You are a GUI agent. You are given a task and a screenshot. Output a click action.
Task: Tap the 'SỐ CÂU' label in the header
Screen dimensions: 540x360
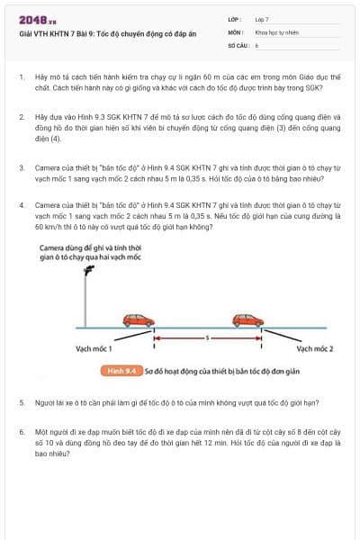click(x=238, y=43)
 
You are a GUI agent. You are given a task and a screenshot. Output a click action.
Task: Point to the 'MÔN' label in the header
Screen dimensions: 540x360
click(x=235, y=31)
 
